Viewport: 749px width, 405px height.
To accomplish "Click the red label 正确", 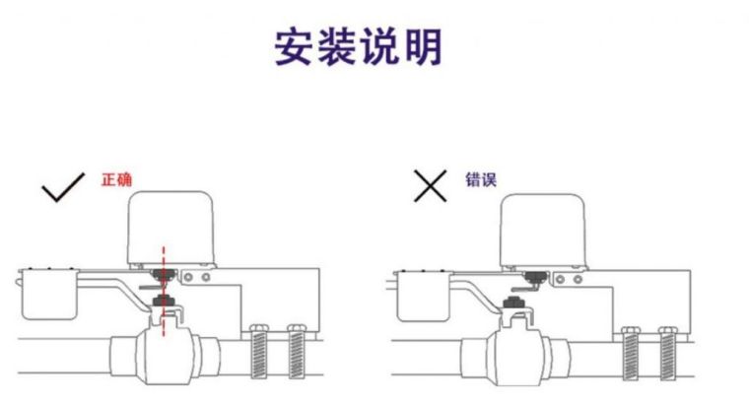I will [x=116, y=181].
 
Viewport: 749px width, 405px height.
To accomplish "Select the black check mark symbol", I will [x=65, y=186].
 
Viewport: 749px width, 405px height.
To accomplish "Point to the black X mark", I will [x=430, y=185].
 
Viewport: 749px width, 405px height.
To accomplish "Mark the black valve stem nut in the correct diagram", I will [x=164, y=300].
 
